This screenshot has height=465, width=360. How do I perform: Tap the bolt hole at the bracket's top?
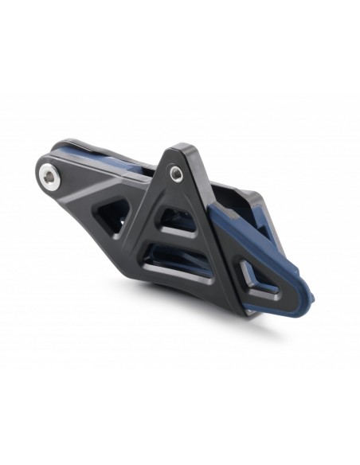[175, 170]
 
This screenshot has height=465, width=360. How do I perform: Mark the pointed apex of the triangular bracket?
[178, 149]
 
